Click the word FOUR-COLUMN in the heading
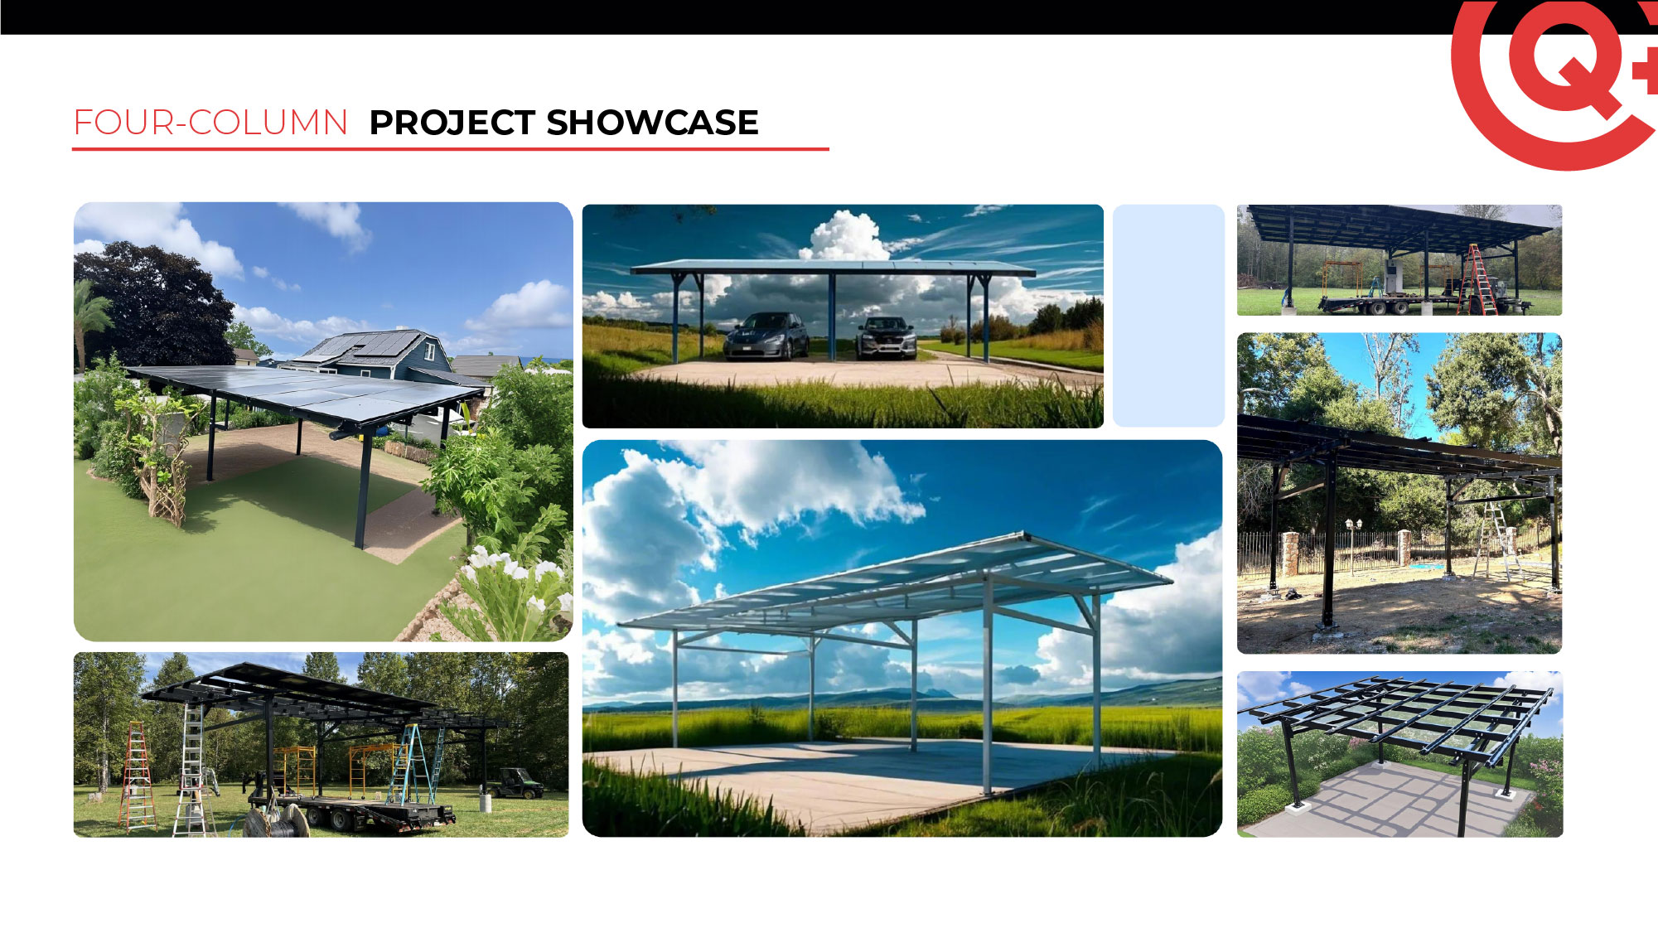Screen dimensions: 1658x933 point(210,123)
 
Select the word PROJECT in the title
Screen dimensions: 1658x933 point(452,123)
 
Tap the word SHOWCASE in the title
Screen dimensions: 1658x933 point(653,123)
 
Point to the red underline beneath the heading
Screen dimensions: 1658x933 point(451,149)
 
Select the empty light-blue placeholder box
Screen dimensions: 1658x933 point(1168,316)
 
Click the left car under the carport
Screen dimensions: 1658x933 point(766,336)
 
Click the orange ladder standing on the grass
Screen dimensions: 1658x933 point(137,776)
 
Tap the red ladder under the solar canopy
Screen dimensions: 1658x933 point(1479,279)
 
